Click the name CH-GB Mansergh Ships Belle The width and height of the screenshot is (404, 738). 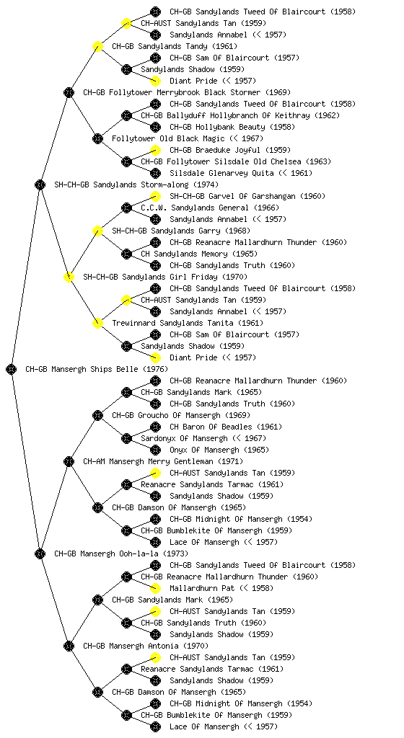[x=82, y=369]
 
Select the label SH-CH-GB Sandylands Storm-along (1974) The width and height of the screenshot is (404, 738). [x=136, y=184]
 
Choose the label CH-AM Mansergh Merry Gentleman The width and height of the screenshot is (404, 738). [x=149, y=461]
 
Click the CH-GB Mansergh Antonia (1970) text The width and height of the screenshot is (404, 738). [x=146, y=646]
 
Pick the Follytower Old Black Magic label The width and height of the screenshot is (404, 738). [x=168, y=138]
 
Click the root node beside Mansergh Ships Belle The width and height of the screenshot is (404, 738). [x=12, y=369]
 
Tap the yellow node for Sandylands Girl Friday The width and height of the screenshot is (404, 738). [x=69, y=277]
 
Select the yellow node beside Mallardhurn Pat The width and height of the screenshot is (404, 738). [x=155, y=588]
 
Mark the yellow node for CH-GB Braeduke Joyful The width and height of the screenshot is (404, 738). [x=155, y=150]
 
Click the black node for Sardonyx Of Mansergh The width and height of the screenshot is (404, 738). [x=126, y=438]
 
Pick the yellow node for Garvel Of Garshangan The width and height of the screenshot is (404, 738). [x=155, y=196]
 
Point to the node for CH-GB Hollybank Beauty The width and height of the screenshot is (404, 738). [x=155, y=127]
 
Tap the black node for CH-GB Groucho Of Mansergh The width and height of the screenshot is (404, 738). [x=97, y=415]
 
